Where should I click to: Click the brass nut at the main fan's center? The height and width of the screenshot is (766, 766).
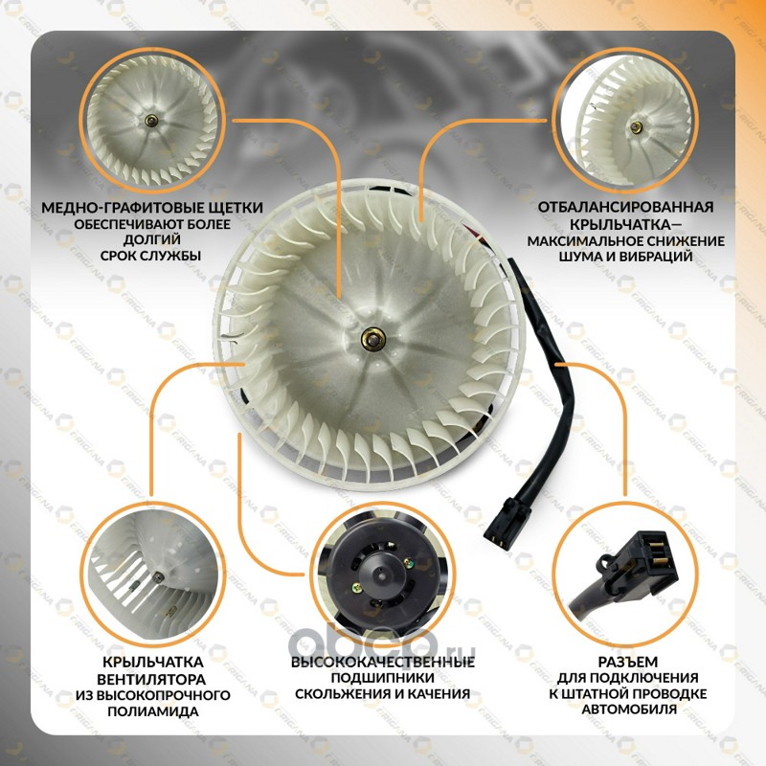point(373,339)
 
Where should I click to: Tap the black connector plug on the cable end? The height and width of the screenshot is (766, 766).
point(508,524)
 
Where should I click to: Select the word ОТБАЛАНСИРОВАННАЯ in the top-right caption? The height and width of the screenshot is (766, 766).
point(626,207)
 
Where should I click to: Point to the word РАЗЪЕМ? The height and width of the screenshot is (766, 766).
point(628,662)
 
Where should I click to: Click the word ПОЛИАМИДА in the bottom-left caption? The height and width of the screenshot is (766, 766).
point(153,710)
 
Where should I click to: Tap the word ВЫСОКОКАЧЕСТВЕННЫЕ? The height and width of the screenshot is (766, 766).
point(382,662)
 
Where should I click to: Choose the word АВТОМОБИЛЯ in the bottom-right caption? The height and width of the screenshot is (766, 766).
point(629,709)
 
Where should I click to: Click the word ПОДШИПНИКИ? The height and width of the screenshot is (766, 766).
point(382,678)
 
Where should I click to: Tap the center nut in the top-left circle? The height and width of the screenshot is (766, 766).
point(151,121)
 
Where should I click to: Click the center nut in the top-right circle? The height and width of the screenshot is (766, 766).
point(636,127)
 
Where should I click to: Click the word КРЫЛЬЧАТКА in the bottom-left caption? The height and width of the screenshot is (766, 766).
point(153,662)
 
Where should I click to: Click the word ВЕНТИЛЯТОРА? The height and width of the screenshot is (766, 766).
point(151,679)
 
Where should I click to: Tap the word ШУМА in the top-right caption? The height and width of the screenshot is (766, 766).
point(576,257)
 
